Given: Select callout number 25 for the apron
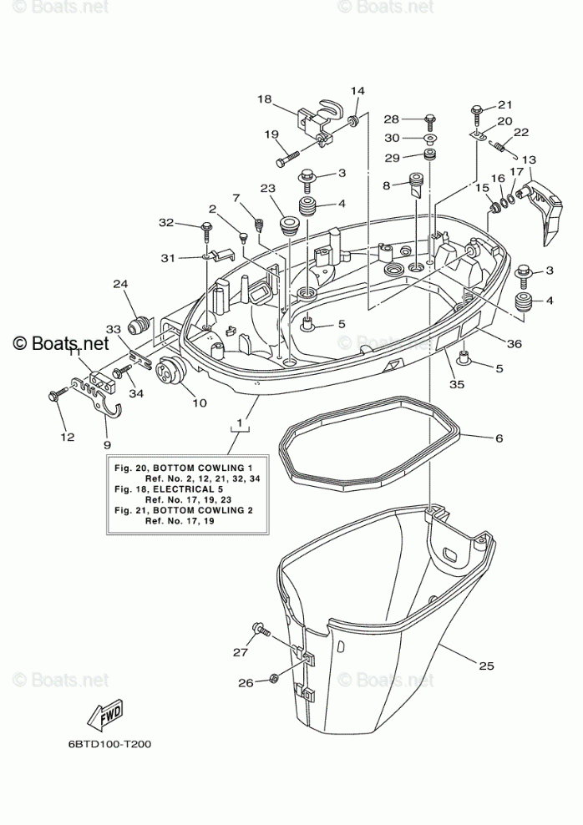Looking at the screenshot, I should coord(487,665).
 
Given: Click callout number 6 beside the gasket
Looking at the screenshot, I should coord(499,438).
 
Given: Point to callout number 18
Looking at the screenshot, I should coord(265,99).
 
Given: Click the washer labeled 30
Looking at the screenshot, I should coord(429,138).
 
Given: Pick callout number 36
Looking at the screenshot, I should coord(515,343).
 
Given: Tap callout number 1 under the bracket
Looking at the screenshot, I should coord(240,423).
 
